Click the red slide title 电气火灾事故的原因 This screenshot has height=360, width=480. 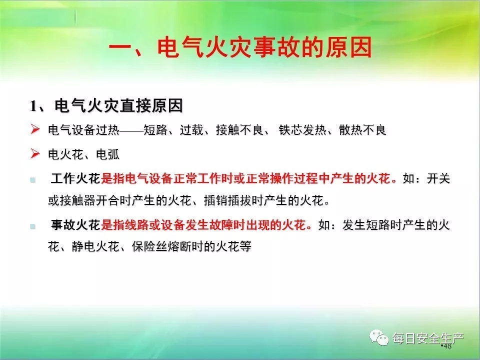[x=265, y=47]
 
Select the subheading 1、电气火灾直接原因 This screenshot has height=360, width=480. [x=106, y=105]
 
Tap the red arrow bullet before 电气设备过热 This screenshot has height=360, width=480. [x=35, y=129]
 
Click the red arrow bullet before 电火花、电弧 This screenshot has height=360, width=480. [x=35, y=153]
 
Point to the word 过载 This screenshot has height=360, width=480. [x=191, y=130]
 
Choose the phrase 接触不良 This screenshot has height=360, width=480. [x=239, y=130]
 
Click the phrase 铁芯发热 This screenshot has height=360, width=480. [x=302, y=130]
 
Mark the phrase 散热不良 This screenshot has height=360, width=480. [x=362, y=130]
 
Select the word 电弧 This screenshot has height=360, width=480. [x=107, y=154]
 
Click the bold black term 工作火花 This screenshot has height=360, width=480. [x=75, y=178]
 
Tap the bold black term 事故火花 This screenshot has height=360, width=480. [x=75, y=225]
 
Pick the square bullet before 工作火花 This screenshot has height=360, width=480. [x=33, y=180]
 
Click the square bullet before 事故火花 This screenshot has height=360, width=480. [x=33, y=226]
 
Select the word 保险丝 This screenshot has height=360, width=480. [x=149, y=246]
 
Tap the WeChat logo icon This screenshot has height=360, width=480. [x=378, y=337]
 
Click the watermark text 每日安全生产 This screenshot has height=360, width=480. [x=428, y=338]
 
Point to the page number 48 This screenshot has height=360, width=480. [x=447, y=346]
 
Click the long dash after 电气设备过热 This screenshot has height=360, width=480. [x=131, y=130]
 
